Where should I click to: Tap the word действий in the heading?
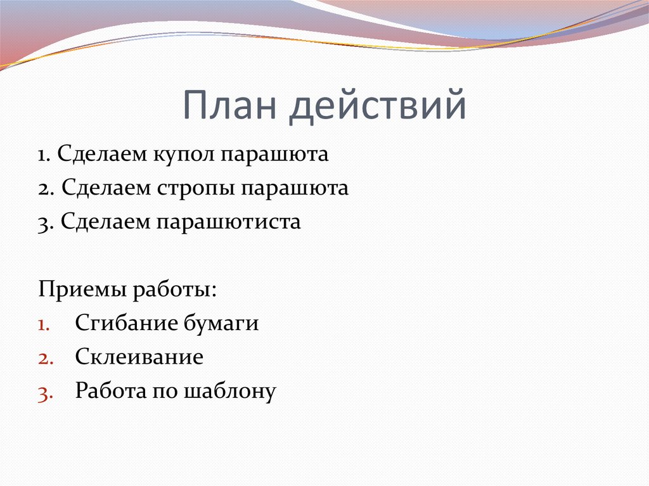click(378, 106)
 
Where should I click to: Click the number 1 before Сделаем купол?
click(41, 155)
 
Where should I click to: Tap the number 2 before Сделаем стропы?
click(42, 189)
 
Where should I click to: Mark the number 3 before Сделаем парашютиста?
click(42, 223)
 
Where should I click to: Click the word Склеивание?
click(139, 357)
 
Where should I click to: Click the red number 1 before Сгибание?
click(42, 324)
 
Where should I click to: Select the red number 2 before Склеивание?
click(42, 358)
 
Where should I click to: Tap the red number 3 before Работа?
click(42, 392)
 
